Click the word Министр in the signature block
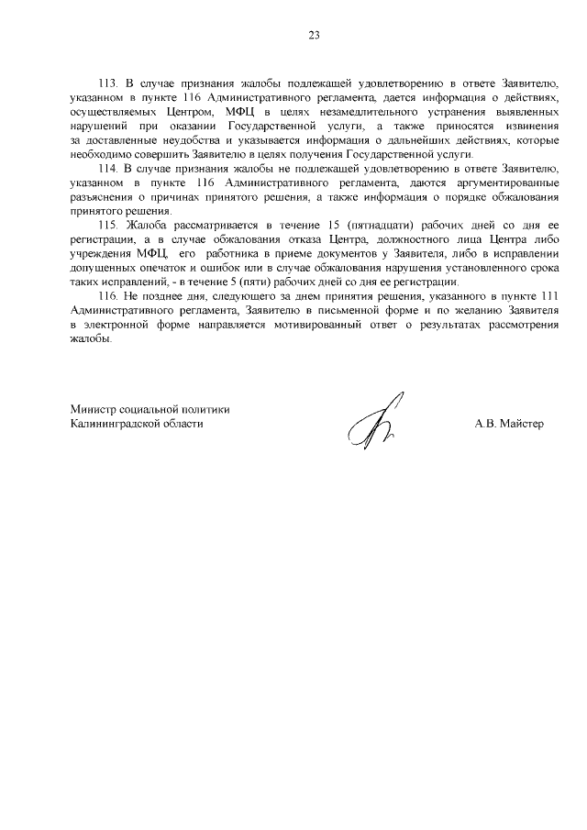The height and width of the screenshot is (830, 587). [x=95, y=409]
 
